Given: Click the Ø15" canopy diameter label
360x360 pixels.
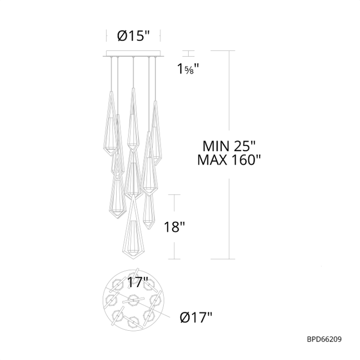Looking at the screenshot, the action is (133, 36).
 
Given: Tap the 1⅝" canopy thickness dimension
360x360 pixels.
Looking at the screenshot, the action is (188, 68).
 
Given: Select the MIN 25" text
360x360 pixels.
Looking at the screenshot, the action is (229, 146).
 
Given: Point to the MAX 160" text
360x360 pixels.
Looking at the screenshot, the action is (229, 160).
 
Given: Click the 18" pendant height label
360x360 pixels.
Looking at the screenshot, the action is (174, 227).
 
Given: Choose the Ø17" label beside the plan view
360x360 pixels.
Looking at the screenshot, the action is (196, 317).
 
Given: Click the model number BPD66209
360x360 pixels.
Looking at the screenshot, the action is (324, 339).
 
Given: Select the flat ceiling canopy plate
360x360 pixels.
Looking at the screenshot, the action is (133, 54).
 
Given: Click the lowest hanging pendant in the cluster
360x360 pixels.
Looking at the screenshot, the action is (133, 227).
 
